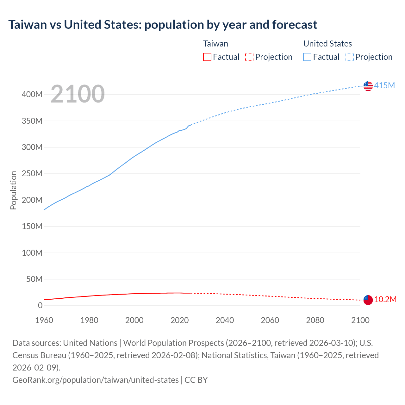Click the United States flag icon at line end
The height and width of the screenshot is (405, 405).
tap(368, 86)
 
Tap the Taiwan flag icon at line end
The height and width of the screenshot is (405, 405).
tap(368, 300)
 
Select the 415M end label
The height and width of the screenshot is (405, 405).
tap(384, 85)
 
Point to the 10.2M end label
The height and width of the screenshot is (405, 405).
tap(385, 299)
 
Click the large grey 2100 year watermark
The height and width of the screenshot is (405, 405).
tap(78, 94)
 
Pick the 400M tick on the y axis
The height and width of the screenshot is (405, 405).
tap(32, 95)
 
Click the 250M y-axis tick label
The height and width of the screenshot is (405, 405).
tap(32, 174)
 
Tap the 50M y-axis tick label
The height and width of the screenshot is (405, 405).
tap(34, 279)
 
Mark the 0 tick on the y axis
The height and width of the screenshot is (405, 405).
tap(40, 306)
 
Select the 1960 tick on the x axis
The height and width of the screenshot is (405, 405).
tap(44, 320)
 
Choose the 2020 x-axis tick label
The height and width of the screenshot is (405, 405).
tap(179, 320)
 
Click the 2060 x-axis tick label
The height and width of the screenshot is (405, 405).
tap(270, 320)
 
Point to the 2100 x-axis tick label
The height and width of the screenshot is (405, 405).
tap(360, 320)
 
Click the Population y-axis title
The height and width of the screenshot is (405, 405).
tap(13, 190)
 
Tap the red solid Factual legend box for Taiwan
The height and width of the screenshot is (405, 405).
tap(207, 57)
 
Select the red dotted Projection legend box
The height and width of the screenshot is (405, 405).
tap(249, 57)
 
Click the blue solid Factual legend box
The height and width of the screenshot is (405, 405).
tap(307, 57)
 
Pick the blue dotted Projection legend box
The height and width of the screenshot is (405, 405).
tap(349, 57)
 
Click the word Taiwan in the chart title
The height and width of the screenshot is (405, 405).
tap(28, 25)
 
